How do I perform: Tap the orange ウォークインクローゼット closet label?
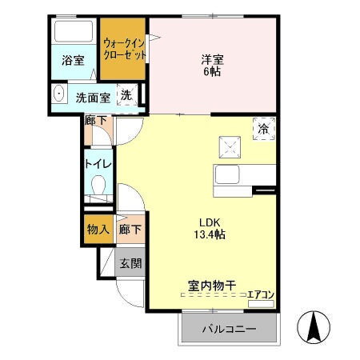pos(124,50)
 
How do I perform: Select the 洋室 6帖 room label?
pos(212,64)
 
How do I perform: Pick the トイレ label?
pos(98,164)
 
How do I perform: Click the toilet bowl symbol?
pos(98,189)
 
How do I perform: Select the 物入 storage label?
pos(98,230)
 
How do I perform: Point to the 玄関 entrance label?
pos(130,262)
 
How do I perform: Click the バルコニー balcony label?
pos(228,329)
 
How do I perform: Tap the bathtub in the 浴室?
pos(74,34)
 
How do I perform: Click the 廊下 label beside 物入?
pos(130,230)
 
